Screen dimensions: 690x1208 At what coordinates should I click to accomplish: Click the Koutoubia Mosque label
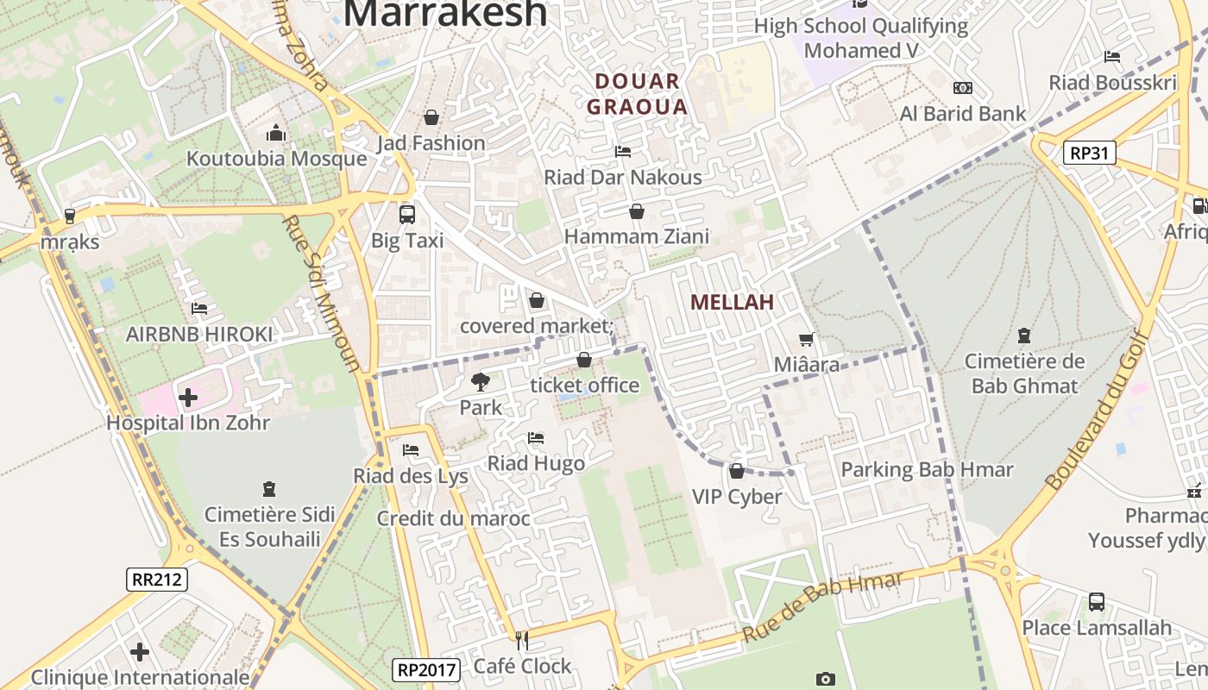coord(277,159)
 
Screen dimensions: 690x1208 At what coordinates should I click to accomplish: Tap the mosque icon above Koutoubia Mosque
coord(276,134)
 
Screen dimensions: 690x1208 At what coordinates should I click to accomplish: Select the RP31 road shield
coord(1090,153)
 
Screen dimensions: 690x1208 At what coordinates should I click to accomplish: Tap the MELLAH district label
coord(732,302)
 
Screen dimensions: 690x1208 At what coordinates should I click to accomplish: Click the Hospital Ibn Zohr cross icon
coord(188,398)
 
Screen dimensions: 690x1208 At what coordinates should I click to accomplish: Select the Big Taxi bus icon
coord(406,215)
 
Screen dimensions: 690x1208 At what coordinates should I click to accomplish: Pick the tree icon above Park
coord(480,381)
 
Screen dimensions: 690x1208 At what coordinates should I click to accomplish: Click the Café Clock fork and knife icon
coord(521,640)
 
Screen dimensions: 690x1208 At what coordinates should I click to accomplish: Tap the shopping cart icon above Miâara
coord(806,340)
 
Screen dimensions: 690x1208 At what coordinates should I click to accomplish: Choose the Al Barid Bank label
coord(963,113)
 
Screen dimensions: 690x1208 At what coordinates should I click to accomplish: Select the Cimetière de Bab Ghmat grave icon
coord(1024,335)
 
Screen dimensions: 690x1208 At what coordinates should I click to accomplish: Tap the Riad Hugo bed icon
coord(536,438)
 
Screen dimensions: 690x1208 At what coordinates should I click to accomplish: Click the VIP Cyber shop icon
coord(736,471)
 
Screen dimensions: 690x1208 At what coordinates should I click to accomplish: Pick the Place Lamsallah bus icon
coord(1096,601)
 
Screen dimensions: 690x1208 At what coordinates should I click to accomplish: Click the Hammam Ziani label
coord(637,236)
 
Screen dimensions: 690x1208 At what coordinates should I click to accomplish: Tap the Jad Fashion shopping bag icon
coord(431,117)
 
